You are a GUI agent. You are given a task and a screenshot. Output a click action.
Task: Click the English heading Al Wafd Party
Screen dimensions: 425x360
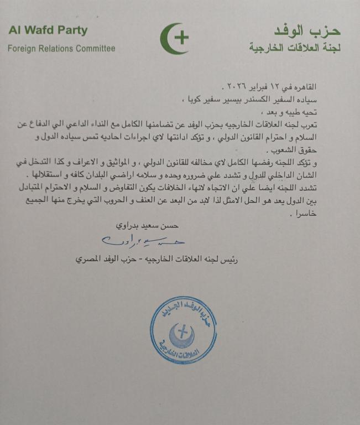48,31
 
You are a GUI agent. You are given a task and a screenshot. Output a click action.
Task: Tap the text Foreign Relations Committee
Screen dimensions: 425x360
61,49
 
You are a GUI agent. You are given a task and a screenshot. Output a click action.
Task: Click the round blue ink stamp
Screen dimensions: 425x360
183,330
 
